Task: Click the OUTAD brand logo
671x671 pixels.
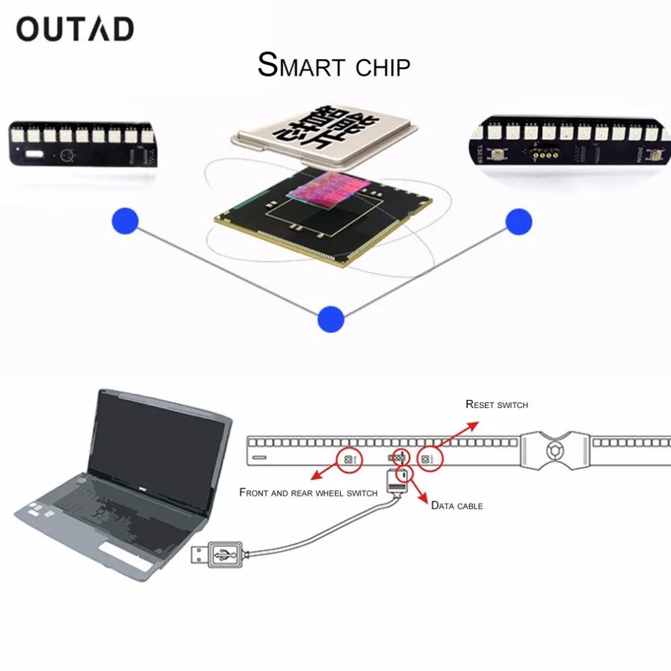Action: click(x=75, y=29)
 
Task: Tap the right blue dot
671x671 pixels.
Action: click(x=519, y=221)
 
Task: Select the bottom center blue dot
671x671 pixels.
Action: click(x=331, y=318)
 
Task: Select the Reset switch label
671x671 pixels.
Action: click(x=497, y=405)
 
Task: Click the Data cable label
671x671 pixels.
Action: click(x=457, y=505)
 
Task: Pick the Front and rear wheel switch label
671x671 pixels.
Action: click(x=308, y=493)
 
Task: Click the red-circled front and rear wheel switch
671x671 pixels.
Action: click(x=349, y=459)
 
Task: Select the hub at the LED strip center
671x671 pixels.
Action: click(x=554, y=449)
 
